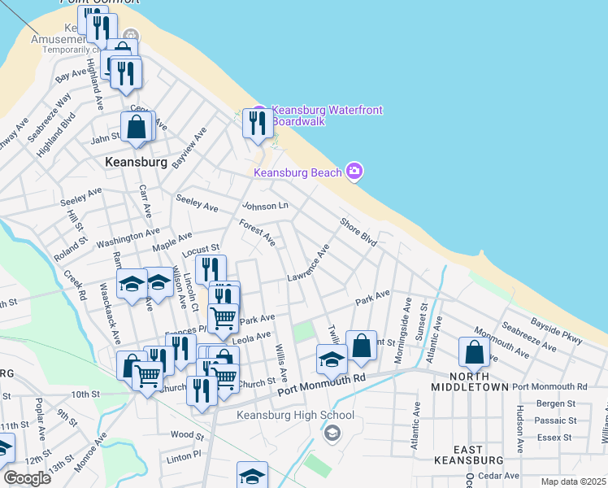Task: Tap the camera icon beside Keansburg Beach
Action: pos(354,171)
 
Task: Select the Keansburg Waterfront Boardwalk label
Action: pos(327,115)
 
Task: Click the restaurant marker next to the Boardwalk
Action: pos(257,123)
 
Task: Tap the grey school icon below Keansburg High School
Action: pos(332,433)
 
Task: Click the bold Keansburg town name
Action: pos(136,162)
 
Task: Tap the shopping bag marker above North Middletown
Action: pos(473,352)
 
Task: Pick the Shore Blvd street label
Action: pos(358,231)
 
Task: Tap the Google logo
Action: pos(27,478)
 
